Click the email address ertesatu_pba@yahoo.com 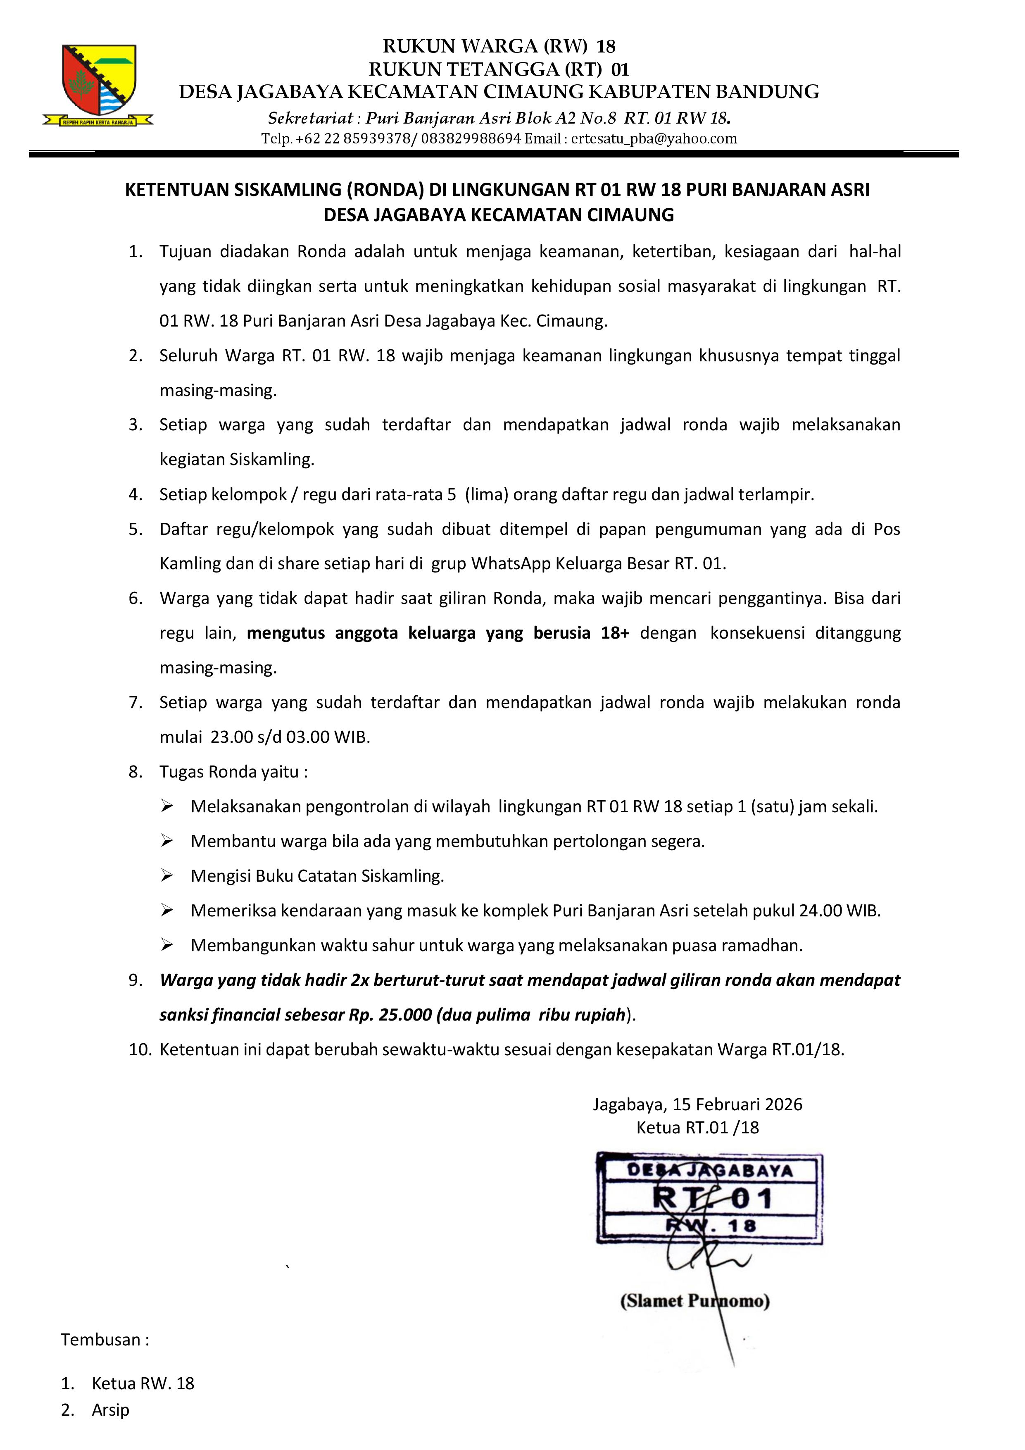654,138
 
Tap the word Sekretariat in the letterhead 310,118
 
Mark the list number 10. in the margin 140,1049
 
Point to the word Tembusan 101,1340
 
